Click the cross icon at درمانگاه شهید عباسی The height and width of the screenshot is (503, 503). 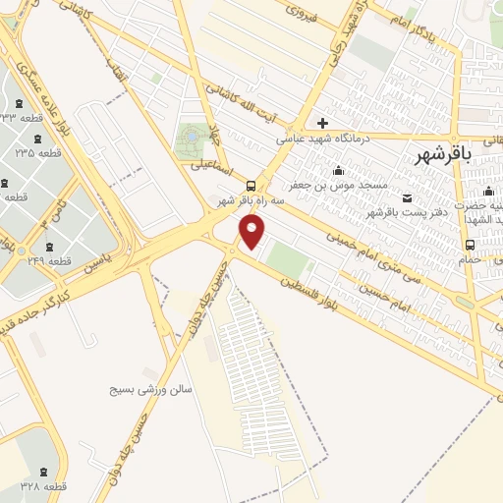point(321,123)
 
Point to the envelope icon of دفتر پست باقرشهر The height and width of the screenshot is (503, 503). point(407,198)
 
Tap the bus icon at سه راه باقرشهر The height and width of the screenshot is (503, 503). point(252,186)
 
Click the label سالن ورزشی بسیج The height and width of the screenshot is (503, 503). point(151,389)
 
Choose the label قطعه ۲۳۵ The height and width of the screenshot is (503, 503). point(38,153)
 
